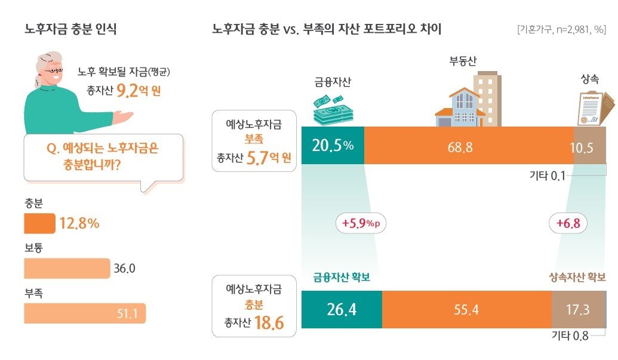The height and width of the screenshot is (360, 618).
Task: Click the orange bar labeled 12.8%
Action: click(x=39, y=224)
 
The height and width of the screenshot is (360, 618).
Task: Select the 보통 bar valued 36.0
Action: click(x=67, y=269)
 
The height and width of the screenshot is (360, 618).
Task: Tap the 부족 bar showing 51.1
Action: click(x=84, y=313)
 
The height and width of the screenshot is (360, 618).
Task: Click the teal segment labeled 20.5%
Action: click(x=332, y=146)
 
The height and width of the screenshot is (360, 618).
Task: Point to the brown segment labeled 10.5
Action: click(x=589, y=146)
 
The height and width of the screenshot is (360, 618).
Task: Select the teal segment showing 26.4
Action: click(x=341, y=310)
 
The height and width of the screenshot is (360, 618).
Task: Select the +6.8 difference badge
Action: click(x=568, y=224)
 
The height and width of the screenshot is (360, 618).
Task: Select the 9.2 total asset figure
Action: click(x=128, y=91)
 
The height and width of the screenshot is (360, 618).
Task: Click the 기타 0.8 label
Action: click(x=570, y=336)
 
